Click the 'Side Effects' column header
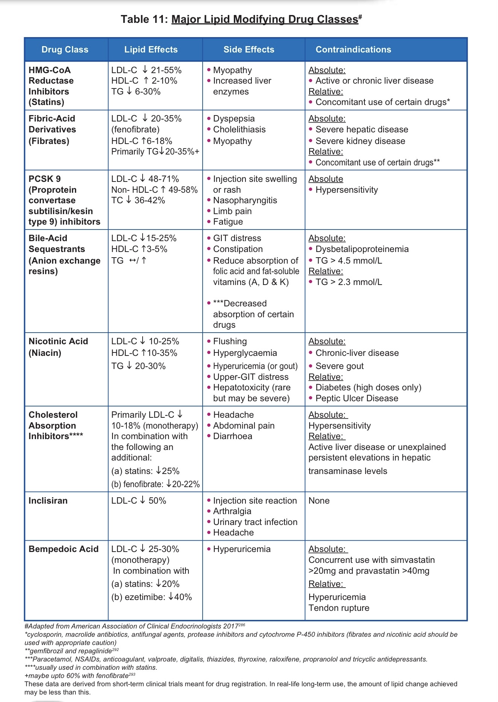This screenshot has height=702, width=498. pyautogui.click(x=249, y=49)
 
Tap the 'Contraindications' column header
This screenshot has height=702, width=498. pyautogui.click(x=353, y=49)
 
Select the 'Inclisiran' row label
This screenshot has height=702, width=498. pyautogui.click(x=48, y=501)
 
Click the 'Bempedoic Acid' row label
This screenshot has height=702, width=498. pyautogui.click(x=63, y=549)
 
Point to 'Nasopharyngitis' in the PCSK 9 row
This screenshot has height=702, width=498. pyautogui.click(x=245, y=200)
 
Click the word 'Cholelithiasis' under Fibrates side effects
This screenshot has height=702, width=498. pyautogui.click(x=239, y=129)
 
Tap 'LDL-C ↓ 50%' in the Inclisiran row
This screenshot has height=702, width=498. pyautogui.click(x=138, y=501)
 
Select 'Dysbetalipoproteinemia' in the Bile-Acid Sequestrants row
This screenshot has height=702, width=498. pyautogui.click(x=362, y=249)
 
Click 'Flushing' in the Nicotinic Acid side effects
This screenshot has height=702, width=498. pyautogui.click(x=230, y=341)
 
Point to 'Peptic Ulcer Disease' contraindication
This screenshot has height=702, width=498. pyautogui.click(x=357, y=398)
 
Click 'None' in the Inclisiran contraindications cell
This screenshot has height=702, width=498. pyautogui.click(x=319, y=501)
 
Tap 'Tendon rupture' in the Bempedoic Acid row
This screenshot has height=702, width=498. pyautogui.click(x=339, y=608)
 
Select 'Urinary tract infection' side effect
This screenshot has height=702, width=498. pyautogui.click(x=255, y=522)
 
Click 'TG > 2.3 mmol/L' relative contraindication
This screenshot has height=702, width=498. pyautogui.click(x=349, y=282)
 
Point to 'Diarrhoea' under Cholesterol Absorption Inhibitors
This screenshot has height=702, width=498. pyautogui.click(x=233, y=436)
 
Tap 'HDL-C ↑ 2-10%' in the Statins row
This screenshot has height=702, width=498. pyautogui.click(x=144, y=81)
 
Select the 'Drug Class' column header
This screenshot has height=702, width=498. pyautogui.click(x=65, y=49)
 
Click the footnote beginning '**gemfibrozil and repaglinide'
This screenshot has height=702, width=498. pyautogui.click(x=71, y=651)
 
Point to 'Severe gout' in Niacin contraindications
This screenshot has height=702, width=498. pyautogui.click(x=339, y=366)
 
